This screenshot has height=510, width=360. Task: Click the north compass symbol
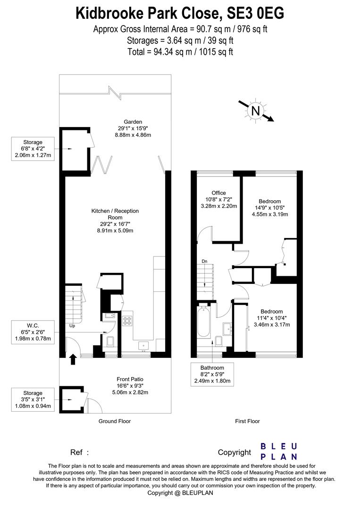click(255, 111)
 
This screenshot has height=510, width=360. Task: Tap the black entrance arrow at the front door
click(73, 360)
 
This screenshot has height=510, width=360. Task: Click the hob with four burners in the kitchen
click(127, 320)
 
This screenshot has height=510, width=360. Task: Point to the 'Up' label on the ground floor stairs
click(72, 326)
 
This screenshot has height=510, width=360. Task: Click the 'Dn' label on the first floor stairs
click(204, 261)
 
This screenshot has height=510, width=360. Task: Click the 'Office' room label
click(218, 193)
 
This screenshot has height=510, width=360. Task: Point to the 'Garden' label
click(130, 122)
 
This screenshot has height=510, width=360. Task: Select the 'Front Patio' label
click(130, 379)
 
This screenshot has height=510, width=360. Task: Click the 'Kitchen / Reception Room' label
click(115, 214)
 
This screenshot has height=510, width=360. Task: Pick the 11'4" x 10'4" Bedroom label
click(272, 312)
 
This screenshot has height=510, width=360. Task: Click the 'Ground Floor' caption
click(114, 421)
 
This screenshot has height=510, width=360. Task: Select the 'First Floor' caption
click(247, 421)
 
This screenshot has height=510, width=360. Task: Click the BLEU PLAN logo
click(279, 451)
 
